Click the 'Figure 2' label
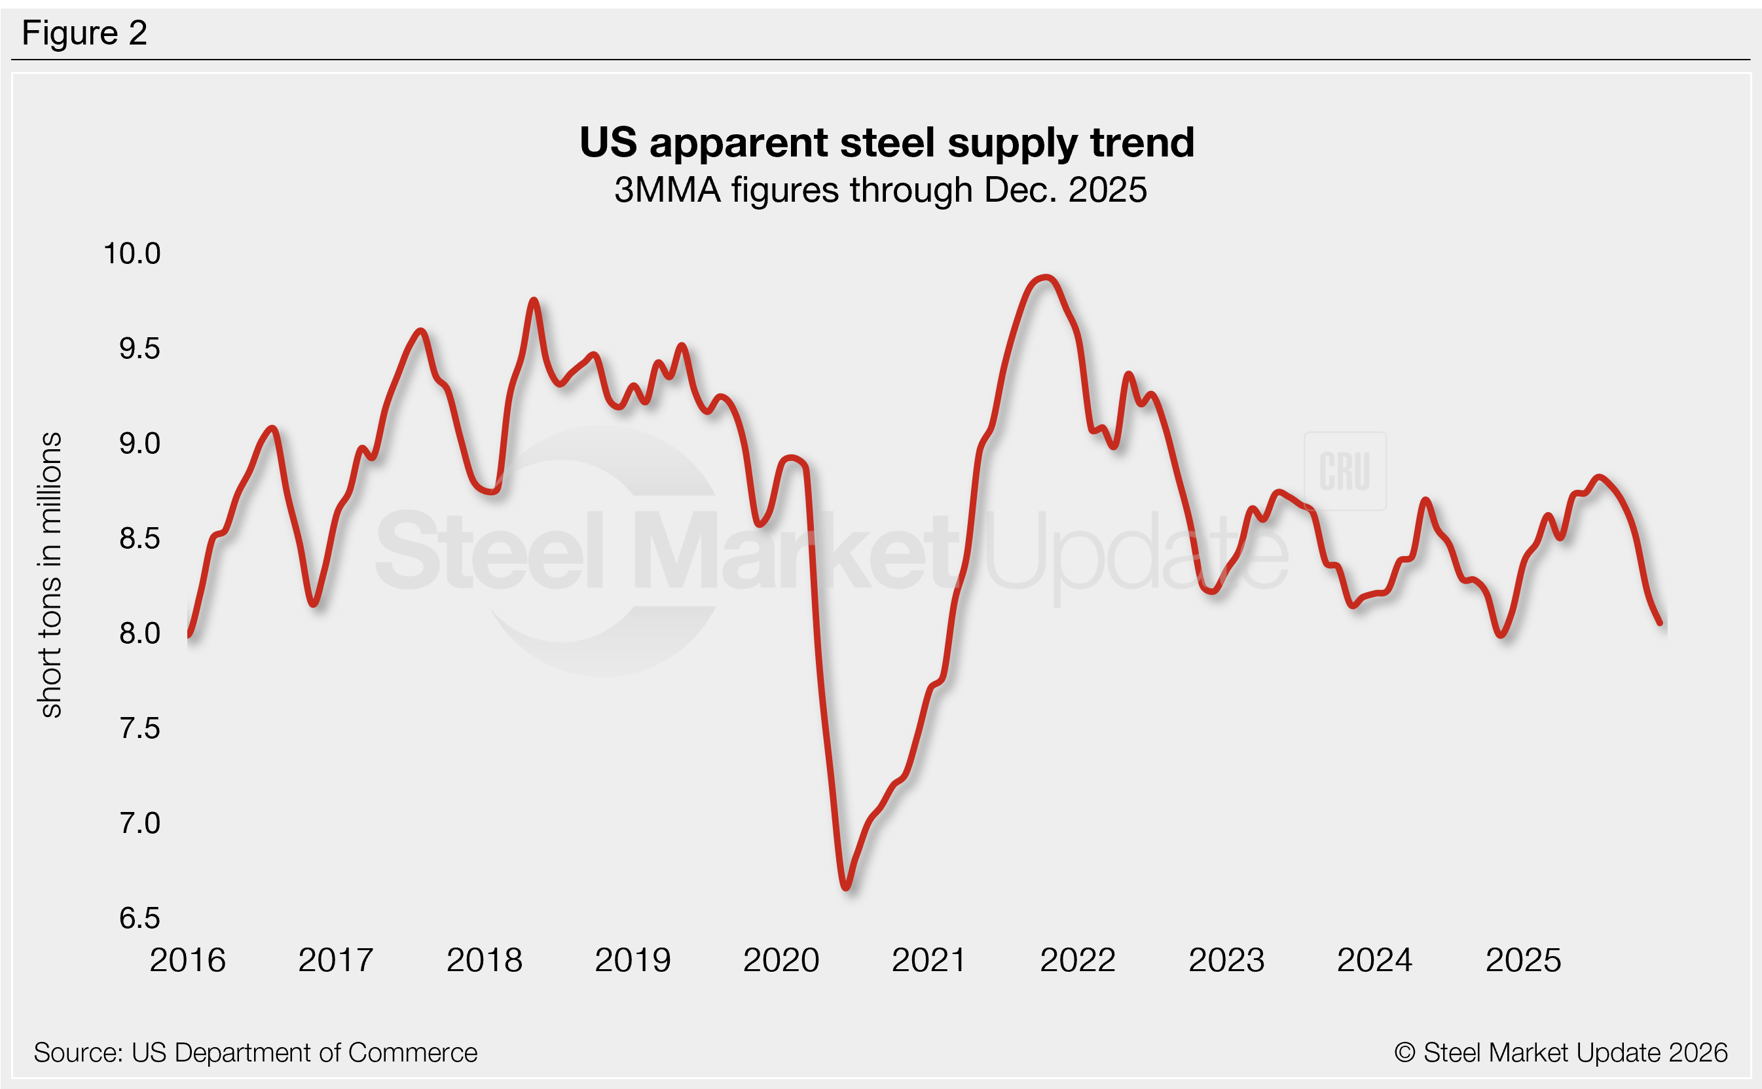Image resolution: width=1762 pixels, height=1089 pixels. [84, 33]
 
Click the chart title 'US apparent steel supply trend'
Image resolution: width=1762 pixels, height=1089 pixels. [887, 142]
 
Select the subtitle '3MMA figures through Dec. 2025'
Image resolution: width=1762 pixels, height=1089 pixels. [880, 190]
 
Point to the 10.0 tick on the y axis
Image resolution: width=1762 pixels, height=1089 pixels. [132, 253]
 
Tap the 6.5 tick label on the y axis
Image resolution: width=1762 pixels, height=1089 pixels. [139, 918]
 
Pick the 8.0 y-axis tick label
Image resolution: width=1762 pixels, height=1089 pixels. [139, 633]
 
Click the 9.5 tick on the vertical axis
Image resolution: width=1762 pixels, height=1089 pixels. [139, 348]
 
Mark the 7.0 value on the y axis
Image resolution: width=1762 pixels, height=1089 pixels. [139, 823]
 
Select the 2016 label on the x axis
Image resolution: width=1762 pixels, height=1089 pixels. [187, 960]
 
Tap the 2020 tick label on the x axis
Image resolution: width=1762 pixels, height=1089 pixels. [781, 960]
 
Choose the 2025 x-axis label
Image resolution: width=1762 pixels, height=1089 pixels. [1523, 960]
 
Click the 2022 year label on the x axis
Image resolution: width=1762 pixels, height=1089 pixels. [1078, 960]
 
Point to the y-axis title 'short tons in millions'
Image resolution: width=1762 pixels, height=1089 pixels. [50, 575]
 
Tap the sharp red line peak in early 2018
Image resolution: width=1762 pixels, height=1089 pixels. [534, 301]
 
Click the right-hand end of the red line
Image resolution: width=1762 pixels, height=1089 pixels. [1660, 622]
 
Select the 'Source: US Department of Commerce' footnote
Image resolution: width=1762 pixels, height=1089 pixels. [255, 1053]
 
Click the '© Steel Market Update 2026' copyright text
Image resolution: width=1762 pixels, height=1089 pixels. [1560, 1053]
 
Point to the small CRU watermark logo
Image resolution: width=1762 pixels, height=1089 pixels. [1344, 471]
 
